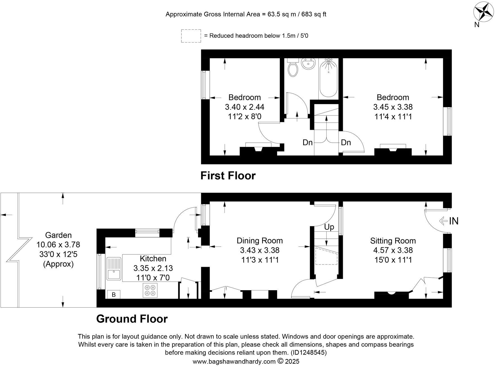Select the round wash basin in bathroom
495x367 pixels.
308,64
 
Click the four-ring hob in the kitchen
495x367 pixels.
150,290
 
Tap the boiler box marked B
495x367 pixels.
114,295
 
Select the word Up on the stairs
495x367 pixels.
329,227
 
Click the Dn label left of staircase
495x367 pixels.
308,143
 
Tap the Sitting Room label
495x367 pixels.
393,241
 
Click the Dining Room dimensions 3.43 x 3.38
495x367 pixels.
260,250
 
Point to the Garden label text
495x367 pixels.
58,235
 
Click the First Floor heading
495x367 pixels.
228,176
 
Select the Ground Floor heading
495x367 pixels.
132,319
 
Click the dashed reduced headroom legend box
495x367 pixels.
191,36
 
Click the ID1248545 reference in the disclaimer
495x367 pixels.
309,352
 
